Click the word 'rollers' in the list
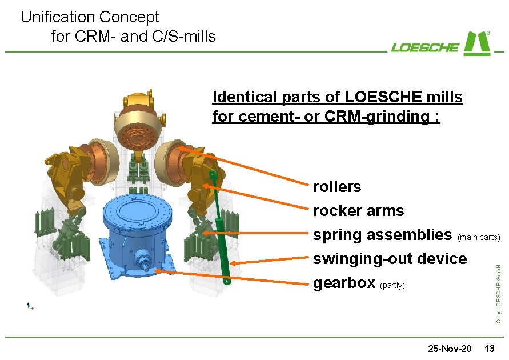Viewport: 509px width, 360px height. point(337,187)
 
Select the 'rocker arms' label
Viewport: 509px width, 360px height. point(358,211)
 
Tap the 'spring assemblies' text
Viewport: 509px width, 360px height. point(382,235)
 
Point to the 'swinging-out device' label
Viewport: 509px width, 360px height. point(390,259)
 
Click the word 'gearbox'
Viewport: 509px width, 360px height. point(344,283)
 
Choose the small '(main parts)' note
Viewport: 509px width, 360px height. point(479,237)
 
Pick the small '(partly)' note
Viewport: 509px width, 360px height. point(392,285)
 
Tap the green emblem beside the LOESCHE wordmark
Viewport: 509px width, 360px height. point(476,43)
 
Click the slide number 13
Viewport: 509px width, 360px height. point(490,348)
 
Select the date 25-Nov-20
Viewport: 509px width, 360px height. point(450,348)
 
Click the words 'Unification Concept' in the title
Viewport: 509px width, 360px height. point(90,17)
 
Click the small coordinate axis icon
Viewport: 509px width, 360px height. point(30,306)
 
